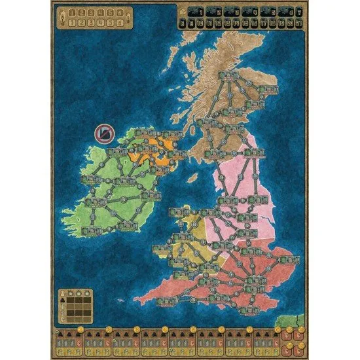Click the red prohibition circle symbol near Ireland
[103, 134]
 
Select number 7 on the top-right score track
[298, 11]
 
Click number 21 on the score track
[298, 22]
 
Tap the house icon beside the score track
[181, 11]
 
